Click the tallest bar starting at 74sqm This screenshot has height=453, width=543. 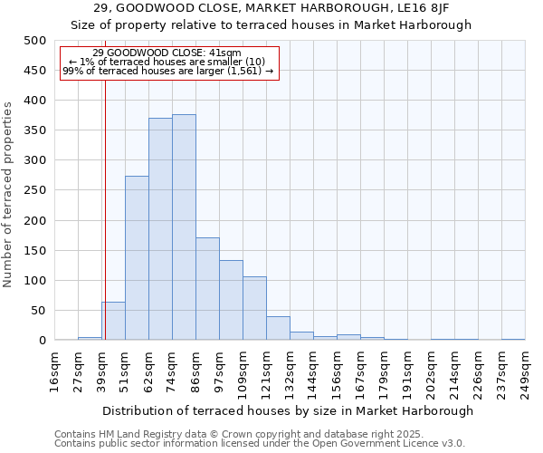[x=184, y=227]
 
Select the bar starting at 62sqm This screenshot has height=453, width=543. [x=160, y=229]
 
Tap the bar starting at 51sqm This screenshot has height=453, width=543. [x=137, y=258]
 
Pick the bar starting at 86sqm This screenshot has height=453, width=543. [x=207, y=289]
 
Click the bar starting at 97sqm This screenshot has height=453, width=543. [x=231, y=301]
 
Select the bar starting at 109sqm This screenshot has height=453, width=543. [x=254, y=309]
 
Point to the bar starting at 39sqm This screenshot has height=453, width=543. [x=113, y=322]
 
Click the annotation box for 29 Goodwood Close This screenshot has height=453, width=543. [x=168, y=63]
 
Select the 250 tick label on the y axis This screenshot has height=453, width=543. [x=35, y=190]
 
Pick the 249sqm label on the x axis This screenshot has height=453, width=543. [x=526, y=372]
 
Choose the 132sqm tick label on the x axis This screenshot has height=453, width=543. [x=291, y=372]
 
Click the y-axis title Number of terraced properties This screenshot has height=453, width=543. [x=8, y=195]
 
